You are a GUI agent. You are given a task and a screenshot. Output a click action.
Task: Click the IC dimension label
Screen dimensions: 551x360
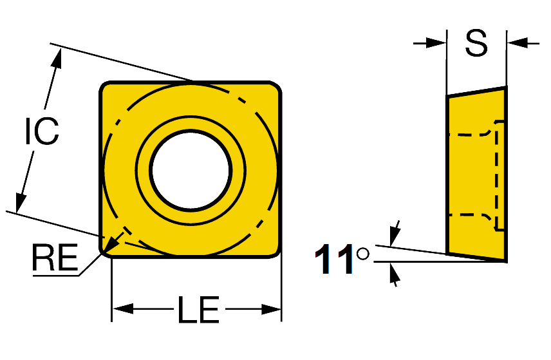pos(42,131)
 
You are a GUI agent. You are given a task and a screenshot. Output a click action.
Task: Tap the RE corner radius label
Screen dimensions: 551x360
pos(55,258)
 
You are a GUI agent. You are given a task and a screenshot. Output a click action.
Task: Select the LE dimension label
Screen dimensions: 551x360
pos(198,309)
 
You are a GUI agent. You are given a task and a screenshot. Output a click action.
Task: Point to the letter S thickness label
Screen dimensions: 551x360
pos(476,43)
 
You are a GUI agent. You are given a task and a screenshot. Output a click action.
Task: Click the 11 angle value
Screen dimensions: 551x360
pos(333,260)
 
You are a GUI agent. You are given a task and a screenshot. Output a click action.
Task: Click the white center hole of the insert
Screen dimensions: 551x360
pos(191,170)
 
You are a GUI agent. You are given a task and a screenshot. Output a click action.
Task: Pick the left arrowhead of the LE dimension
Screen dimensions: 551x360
pos(123,309)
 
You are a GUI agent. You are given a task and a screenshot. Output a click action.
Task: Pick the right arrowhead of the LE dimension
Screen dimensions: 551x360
pos(271,309)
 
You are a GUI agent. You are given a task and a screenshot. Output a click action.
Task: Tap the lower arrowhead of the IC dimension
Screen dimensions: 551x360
pos(20,203)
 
